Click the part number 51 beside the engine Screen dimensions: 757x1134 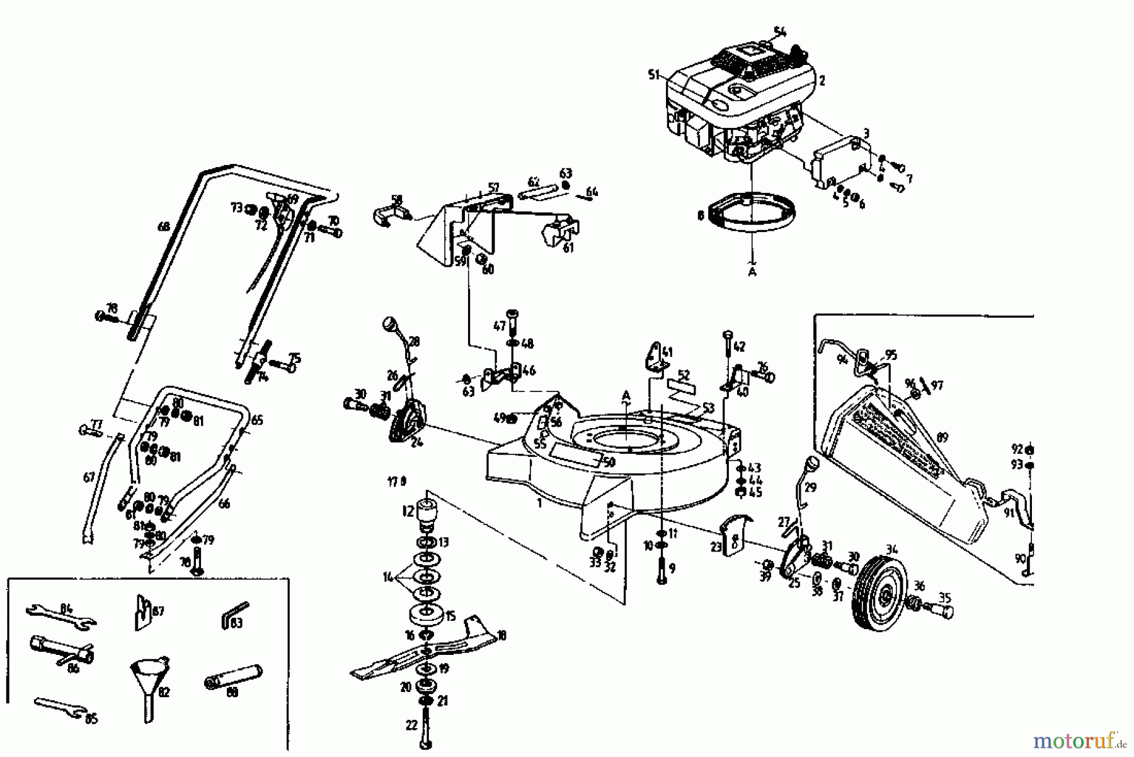pyautogui.click(x=653, y=75)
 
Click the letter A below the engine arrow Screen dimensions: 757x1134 pyautogui.click(x=752, y=272)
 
